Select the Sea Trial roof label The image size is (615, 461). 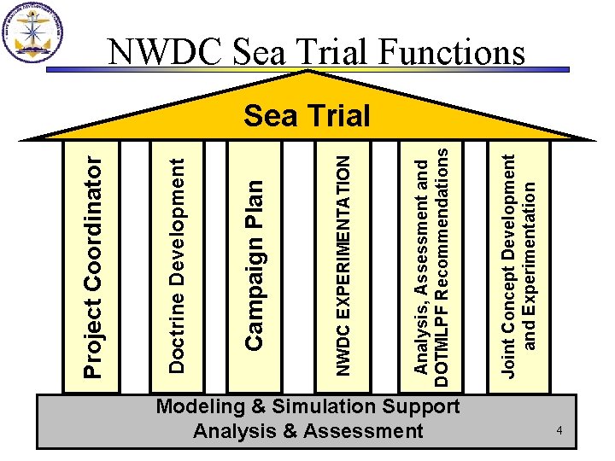point(307,115)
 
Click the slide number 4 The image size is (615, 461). point(559,432)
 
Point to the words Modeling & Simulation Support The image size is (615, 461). point(307,407)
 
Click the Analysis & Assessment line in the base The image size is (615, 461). point(307,431)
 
